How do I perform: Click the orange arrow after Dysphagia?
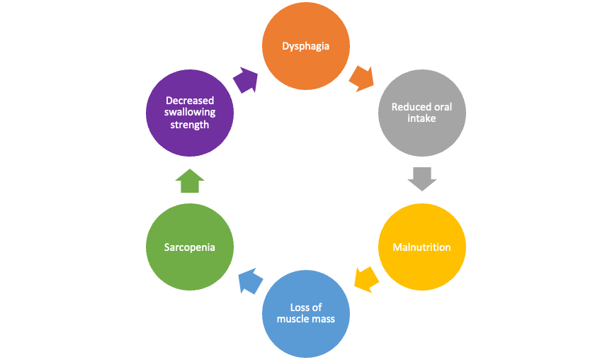[362, 78]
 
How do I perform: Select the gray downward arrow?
[422, 179]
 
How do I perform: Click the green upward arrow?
[190, 181]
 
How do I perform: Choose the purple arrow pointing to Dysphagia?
[245, 79]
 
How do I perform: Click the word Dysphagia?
[306, 46]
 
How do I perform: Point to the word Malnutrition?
[421, 247]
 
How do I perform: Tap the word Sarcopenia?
[189, 247]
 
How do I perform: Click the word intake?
[421, 118]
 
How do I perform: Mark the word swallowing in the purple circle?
[190, 113]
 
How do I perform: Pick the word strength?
[190, 125]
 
